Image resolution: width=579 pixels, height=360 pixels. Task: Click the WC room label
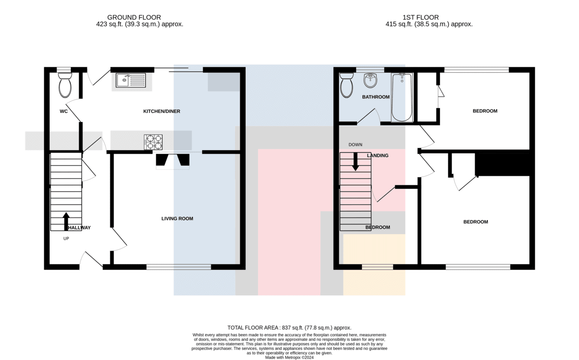(x=64, y=111)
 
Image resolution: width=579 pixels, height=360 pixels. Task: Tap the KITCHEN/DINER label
(x=162, y=111)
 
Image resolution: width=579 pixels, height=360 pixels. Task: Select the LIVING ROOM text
(x=177, y=219)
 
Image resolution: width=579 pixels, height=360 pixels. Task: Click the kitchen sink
(x=131, y=80)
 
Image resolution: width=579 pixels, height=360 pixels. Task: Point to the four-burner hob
(x=153, y=142)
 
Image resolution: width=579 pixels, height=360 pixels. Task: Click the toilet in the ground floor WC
(x=65, y=85)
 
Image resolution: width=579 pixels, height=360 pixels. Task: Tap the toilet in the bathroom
(x=346, y=85)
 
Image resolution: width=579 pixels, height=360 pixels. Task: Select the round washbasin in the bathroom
(x=371, y=81)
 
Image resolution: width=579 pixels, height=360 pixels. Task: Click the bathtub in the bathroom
(x=402, y=97)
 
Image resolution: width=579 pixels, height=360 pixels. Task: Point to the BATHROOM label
(x=375, y=97)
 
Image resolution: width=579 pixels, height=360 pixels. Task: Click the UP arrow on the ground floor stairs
(x=66, y=222)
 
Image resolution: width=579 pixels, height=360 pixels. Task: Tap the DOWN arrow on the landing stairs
(x=356, y=162)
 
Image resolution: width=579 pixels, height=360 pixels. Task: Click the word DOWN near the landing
(x=355, y=145)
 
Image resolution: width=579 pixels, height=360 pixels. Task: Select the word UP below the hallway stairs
(x=66, y=238)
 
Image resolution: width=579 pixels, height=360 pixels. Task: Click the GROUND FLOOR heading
(x=134, y=17)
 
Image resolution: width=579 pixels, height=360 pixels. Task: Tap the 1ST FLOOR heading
(x=421, y=17)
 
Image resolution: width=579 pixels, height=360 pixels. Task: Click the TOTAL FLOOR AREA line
(x=289, y=328)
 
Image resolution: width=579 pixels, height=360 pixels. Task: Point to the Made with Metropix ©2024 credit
(x=289, y=358)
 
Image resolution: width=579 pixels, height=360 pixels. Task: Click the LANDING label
(x=377, y=155)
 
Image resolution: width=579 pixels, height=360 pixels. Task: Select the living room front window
(x=179, y=267)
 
